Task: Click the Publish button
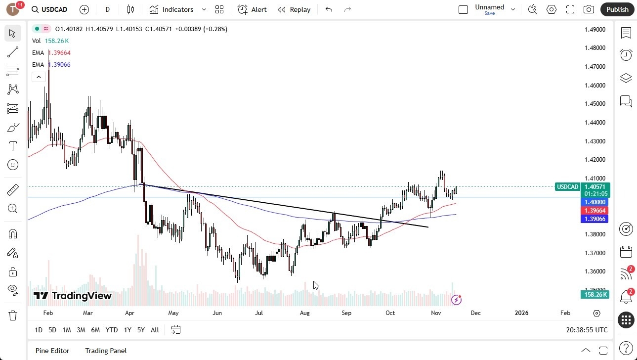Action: [x=617, y=9]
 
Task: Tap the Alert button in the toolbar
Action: [x=252, y=9]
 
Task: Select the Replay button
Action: [x=294, y=9]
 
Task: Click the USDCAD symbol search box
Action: [x=49, y=9]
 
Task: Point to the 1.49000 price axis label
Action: [x=595, y=29]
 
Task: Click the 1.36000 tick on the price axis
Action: [x=595, y=271]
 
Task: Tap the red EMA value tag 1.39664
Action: [x=595, y=211]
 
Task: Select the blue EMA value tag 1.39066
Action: [x=595, y=219]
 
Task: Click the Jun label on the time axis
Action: [x=217, y=313]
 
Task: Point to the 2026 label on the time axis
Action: [x=521, y=313]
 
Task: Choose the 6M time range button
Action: [x=95, y=330]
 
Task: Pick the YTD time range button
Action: [x=112, y=330]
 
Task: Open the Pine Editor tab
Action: [x=52, y=351]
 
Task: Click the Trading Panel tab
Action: [x=106, y=351]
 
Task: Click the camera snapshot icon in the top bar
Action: [x=589, y=9]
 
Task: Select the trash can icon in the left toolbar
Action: [x=13, y=315]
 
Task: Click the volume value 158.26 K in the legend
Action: [x=57, y=41]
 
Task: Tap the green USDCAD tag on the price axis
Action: [x=567, y=187]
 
